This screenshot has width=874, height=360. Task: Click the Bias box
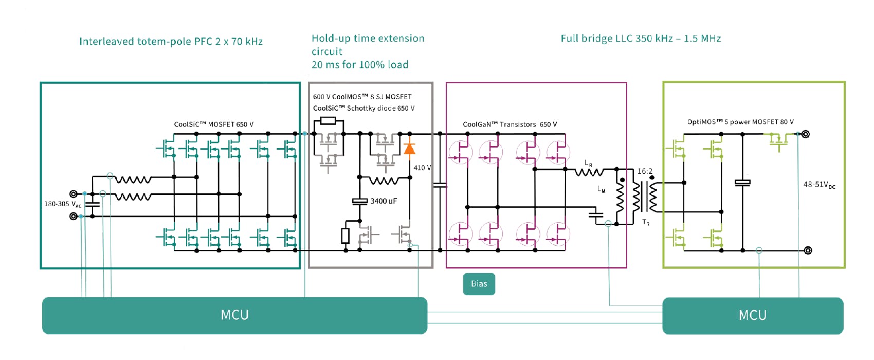(479, 284)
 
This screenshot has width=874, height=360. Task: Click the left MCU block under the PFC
(234, 315)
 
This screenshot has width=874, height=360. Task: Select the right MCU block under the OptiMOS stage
(753, 315)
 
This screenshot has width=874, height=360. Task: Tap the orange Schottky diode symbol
(410, 149)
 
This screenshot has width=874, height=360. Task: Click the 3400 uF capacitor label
(384, 201)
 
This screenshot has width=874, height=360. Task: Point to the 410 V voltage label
(422, 168)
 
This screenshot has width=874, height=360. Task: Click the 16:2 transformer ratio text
(645, 171)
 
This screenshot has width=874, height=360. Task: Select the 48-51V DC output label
(819, 185)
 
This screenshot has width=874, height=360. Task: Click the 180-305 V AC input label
(62, 204)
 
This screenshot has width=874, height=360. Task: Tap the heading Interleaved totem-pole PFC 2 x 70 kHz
(171, 42)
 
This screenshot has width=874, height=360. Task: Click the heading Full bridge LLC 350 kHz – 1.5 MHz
(641, 39)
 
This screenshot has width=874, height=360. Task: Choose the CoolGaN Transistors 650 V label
(509, 124)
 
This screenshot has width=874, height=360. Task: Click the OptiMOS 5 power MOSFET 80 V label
(740, 122)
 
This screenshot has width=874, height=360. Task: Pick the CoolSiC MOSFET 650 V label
(213, 124)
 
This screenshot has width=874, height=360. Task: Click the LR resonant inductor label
(588, 163)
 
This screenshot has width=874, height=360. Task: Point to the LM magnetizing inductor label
(601, 189)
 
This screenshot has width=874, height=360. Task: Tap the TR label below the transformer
(646, 222)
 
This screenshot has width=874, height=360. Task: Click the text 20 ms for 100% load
(360, 65)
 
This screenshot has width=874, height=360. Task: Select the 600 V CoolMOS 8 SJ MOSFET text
(362, 97)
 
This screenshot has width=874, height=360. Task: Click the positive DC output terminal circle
(806, 134)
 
